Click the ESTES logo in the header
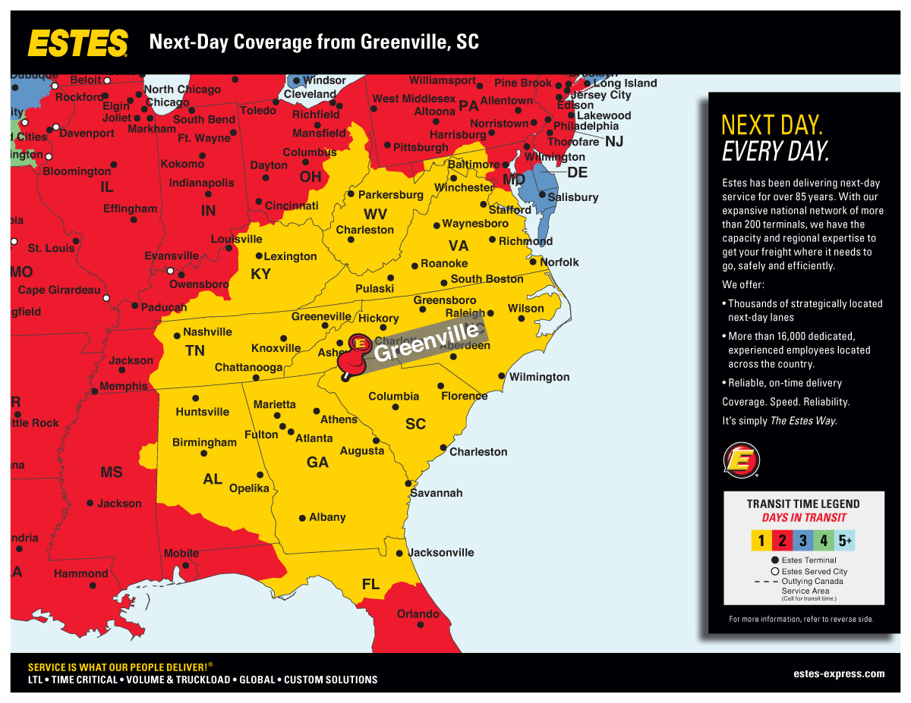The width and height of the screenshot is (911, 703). tap(77, 42)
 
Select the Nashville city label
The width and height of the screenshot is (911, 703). tap(207, 332)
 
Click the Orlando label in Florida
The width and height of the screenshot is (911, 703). tap(418, 614)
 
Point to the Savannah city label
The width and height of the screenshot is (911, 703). tap(436, 493)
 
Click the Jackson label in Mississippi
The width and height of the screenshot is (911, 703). tap(119, 504)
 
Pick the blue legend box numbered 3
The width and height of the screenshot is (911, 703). tap(803, 541)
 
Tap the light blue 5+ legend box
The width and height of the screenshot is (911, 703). tap(845, 541)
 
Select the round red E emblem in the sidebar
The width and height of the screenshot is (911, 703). tap(741, 460)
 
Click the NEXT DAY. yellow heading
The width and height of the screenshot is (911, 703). tap(771, 125)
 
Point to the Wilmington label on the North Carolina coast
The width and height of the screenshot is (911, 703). tap(539, 377)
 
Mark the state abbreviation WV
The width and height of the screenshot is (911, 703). tap(374, 214)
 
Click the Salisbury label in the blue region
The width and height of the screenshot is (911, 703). tap(574, 197)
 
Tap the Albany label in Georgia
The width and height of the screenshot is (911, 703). tap(327, 517)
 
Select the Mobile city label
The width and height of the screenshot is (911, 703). tap(181, 554)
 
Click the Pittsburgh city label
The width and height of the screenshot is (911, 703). tap(421, 147)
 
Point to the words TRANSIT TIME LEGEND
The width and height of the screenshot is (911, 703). tap(803, 504)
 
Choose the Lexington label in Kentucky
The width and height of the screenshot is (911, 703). tap(290, 256)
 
